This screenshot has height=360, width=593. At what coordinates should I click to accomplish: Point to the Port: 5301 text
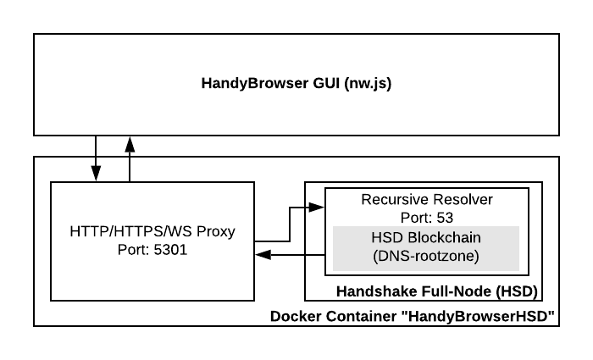(152, 250)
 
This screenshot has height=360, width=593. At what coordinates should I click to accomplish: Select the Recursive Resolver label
(426, 201)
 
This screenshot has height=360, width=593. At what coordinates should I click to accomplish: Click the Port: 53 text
(426, 217)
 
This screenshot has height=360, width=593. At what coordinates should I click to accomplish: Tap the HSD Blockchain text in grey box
(426, 236)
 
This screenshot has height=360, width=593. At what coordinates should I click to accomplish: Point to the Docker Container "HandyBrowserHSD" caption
(412, 317)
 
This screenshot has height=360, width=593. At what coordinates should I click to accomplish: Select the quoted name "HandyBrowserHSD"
(480, 317)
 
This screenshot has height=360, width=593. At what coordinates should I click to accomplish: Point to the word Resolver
(462, 201)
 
